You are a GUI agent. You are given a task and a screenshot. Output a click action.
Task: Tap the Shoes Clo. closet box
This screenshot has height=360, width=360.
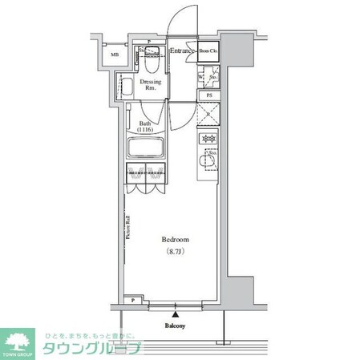click(208, 52)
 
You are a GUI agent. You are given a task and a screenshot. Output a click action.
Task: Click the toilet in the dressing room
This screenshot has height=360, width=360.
click(153, 54)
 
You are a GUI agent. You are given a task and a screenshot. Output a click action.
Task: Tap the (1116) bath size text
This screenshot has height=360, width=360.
click(144, 129)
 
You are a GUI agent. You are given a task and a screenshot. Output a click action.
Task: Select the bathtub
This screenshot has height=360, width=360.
click(145, 148)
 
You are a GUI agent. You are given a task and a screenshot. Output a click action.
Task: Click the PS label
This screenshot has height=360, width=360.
click(209, 95)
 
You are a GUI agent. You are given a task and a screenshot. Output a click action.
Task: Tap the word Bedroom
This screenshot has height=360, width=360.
click(174, 240)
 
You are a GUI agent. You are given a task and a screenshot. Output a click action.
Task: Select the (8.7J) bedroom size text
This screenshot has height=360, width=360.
click(175, 252)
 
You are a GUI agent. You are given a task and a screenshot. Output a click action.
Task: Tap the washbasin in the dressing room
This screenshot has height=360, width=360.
click(127, 86)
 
